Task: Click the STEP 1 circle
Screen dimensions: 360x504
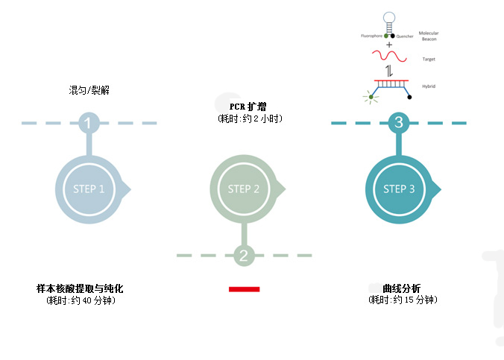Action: tap(88, 189)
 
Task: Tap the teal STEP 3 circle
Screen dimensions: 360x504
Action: tap(398, 189)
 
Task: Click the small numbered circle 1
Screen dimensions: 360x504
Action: tap(89, 123)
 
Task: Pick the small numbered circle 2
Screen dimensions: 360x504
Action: tap(244, 256)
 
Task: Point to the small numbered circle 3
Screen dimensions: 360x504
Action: tap(399, 123)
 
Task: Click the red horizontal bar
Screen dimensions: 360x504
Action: tap(244, 288)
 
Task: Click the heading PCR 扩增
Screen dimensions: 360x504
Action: tap(248, 107)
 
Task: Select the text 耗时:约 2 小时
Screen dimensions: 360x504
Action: tap(250, 119)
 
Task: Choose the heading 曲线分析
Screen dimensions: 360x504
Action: tap(401, 288)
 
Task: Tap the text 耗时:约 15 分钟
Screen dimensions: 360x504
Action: tap(403, 300)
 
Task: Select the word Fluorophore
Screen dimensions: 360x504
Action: tap(371, 35)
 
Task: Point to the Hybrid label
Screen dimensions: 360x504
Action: tap(428, 86)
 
